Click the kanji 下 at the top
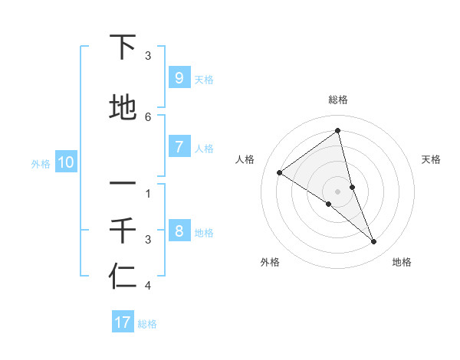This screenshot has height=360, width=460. click(123, 49)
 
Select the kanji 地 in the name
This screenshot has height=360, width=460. click(123, 108)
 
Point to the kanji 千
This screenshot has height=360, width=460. click(123, 231)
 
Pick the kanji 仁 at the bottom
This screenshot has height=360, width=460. click(123, 276)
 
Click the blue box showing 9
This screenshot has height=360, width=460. click(179, 78)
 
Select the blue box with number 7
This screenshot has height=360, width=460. click(179, 147)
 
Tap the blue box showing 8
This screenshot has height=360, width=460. click(179, 231)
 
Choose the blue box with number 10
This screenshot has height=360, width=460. click(65, 162)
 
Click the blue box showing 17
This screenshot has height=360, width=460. click(123, 322)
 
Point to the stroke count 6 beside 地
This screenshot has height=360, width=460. click(148, 116)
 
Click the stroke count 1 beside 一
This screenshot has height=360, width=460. click(148, 193)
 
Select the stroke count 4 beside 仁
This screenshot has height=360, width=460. click(148, 286)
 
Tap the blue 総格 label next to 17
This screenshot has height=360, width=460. click(147, 323)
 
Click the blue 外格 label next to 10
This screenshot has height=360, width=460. click(41, 163)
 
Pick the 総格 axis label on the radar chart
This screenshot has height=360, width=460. click(338, 100)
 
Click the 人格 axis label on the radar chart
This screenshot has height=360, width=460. click(245, 159)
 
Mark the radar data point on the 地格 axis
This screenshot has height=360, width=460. click(374, 242)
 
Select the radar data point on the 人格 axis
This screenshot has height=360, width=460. click(279, 172)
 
